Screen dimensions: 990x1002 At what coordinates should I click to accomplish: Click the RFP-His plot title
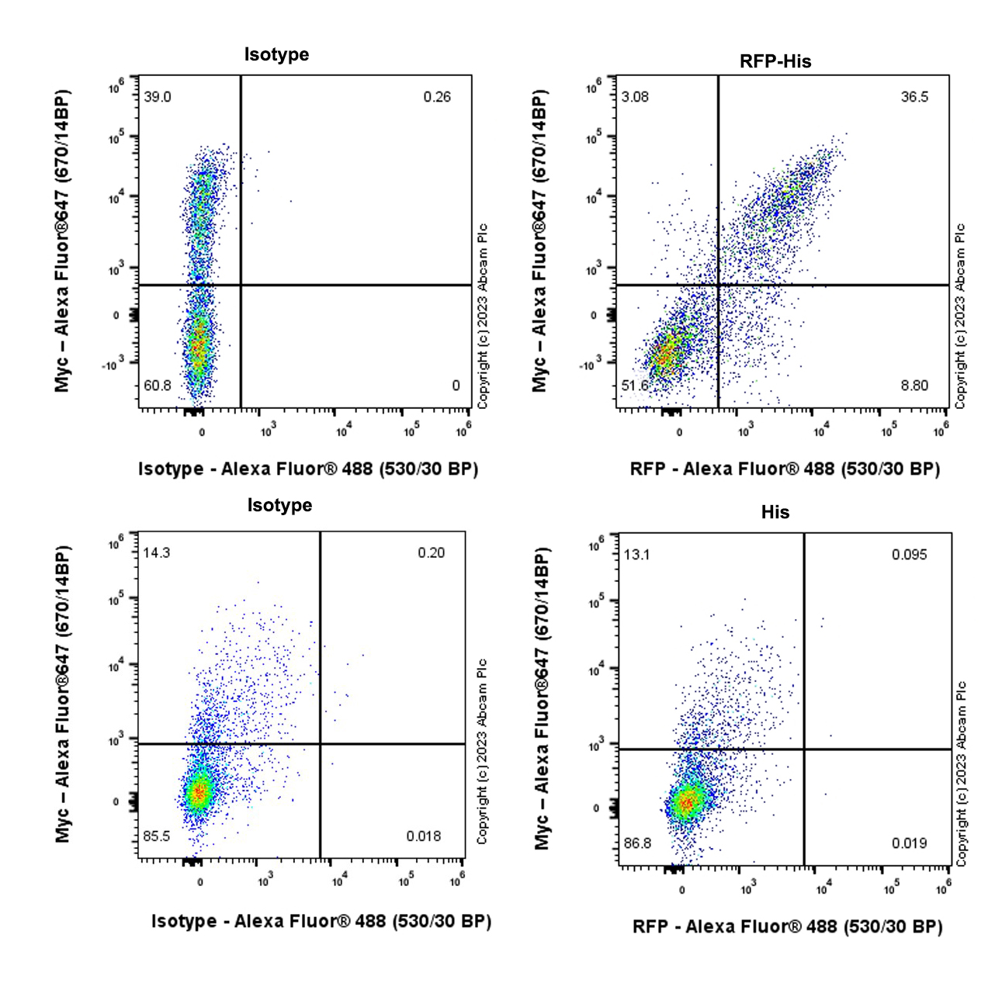[775, 61]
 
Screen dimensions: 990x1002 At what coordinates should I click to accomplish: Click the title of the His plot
[775, 512]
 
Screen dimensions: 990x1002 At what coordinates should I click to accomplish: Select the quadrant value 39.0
[158, 97]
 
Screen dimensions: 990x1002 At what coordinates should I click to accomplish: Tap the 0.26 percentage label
[437, 97]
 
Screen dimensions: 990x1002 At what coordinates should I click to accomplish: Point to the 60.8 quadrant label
[158, 386]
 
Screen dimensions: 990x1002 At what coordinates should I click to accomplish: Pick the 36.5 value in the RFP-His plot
[914, 97]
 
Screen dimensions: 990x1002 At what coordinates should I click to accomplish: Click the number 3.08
[635, 97]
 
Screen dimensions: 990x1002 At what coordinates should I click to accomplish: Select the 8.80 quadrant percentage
[914, 386]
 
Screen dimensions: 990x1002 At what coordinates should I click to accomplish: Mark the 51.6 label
[635, 386]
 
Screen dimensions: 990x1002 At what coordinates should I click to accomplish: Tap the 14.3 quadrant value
[156, 553]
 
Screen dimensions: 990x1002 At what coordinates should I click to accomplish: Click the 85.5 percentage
[157, 836]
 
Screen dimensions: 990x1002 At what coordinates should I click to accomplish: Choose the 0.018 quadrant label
[424, 836]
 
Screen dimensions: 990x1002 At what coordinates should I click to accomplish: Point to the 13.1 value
[636, 555]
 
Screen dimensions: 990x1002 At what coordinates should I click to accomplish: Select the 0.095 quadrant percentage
[909, 555]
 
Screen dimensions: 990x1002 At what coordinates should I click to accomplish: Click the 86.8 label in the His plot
[637, 843]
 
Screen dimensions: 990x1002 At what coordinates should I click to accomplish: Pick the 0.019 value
[909, 843]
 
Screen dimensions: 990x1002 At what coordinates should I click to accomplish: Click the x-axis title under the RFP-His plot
[785, 469]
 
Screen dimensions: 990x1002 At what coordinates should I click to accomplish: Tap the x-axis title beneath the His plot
[787, 926]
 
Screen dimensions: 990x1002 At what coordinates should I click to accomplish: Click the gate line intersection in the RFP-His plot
[718, 285]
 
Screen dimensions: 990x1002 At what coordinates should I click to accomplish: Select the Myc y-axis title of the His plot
[543, 698]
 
